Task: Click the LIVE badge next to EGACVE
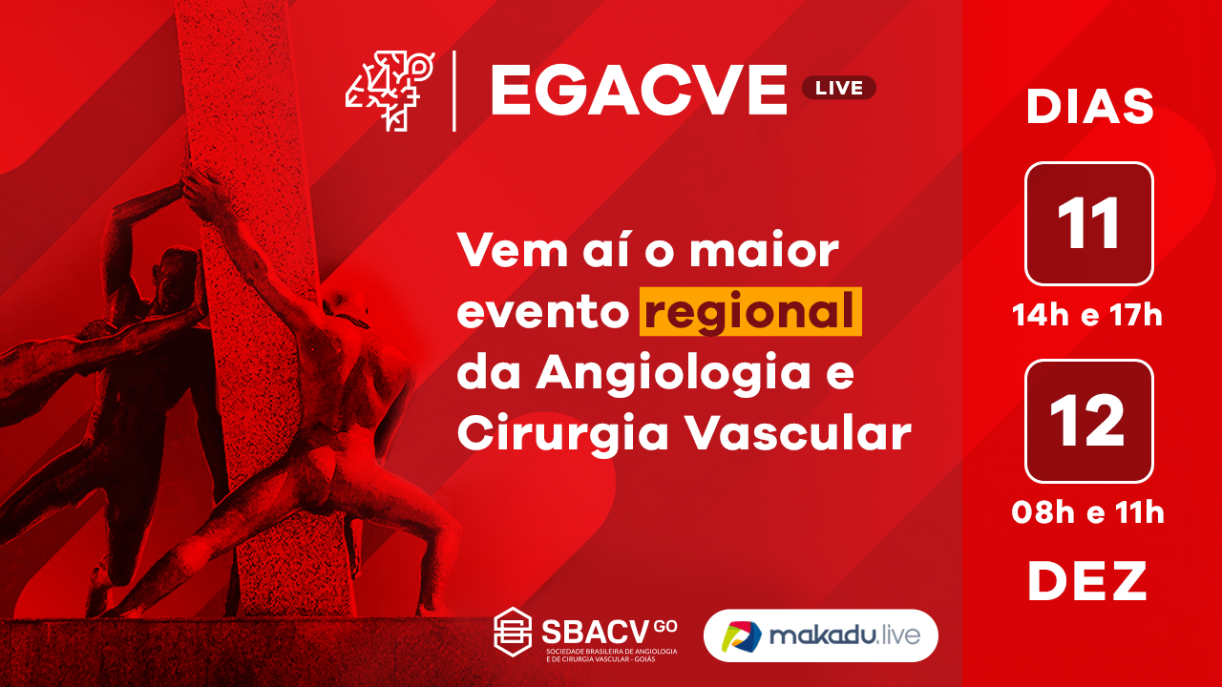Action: pyautogui.click(x=838, y=88)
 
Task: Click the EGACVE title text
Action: pyautogui.click(x=639, y=90)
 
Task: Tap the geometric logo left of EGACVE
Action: pyautogui.click(x=390, y=91)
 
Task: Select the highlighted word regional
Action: pyautogui.click(x=750, y=311)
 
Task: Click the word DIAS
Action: pyautogui.click(x=1089, y=106)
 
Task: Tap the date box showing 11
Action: pyautogui.click(x=1089, y=223)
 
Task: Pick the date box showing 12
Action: pyautogui.click(x=1089, y=421)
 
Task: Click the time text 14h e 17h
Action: pyautogui.click(x=1087, y=316)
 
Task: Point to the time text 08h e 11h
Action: pyautogui.click(x=1087, y=513)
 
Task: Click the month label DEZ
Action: pyautogui.click(x=1087, y=581)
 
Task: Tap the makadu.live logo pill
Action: pyautogui.click(x=820, y=635)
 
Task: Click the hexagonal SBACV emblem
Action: pyautogui.click(x=513, y=632)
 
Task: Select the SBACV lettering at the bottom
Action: pyautogui.click(x=596, y=632)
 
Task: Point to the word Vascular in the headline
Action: pyautogui.click(x=798, y=433)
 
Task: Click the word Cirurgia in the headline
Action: pyautogui.click(x=563, y=435)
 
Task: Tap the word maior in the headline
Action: pyautogui.click(x=764, y=251)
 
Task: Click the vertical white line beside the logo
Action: pyautogui.click(x=453, y=91)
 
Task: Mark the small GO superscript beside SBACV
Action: pyautogui.click(x=665, y=627)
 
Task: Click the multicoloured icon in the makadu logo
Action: pyautogui.click(x=741, y=635)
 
